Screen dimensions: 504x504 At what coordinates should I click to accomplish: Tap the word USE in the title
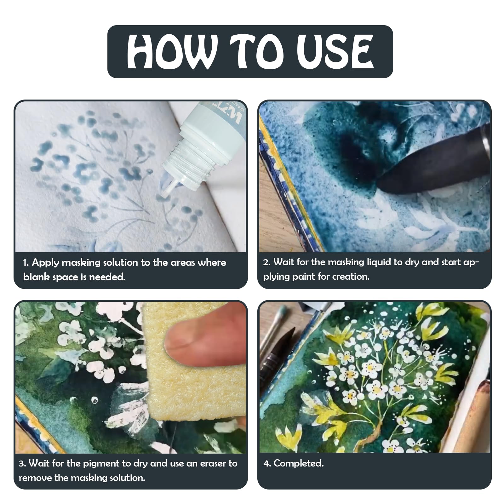[334, 52]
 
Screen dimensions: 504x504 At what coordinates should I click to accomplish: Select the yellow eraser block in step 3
[189, 365]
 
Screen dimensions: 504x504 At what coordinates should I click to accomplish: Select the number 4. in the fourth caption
[267, 463]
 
